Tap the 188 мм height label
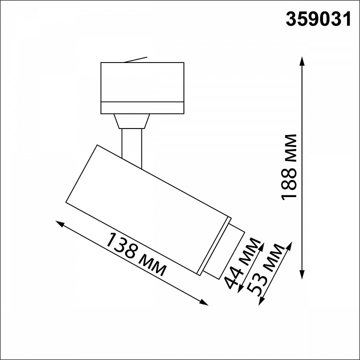(289, 167)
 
